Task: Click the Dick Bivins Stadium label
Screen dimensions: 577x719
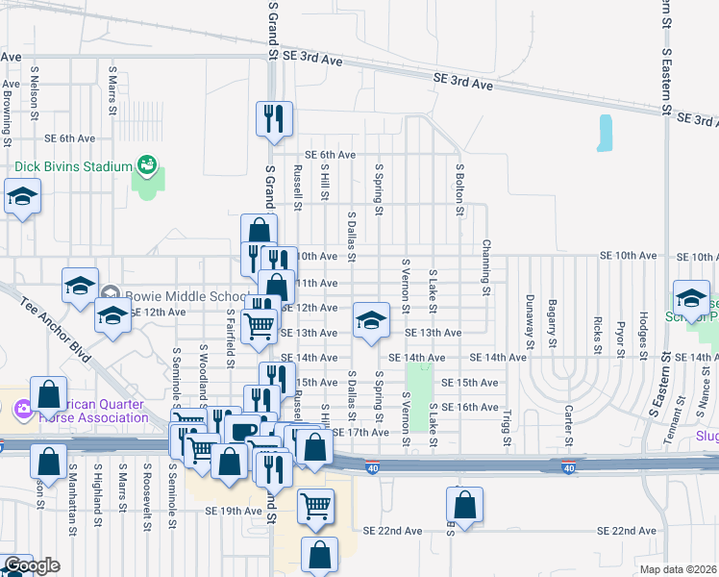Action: (72, 166)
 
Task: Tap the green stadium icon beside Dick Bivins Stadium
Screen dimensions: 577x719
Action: (147, 165)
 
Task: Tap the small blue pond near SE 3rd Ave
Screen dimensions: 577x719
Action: (605, 134)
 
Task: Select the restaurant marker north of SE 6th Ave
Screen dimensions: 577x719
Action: (272, 118)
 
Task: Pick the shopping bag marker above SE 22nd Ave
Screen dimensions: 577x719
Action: (464, 505)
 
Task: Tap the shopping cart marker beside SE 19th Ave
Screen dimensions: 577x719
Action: (314, 506)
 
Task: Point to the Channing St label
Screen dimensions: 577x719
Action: (486, 267)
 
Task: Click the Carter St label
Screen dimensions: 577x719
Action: (568, 426)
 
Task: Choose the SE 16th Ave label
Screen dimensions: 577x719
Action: (469, 408)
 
